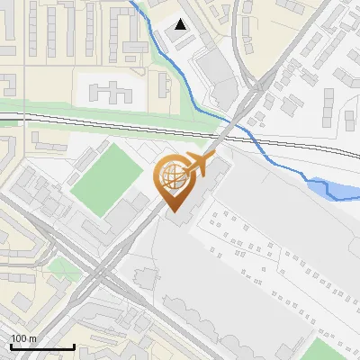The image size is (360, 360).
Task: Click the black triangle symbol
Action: click(x=182, y=24)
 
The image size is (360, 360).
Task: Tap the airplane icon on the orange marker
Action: click(x=198, y=163)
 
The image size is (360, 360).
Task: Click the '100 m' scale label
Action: click(x=23, y=338)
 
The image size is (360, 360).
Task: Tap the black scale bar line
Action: click(x=41, y=346)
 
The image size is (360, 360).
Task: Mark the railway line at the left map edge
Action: click(x=4, y=117)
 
